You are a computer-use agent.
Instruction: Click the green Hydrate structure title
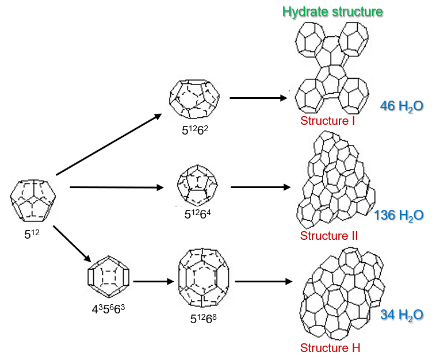point(332,12)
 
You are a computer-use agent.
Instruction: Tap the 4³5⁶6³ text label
point(108,308)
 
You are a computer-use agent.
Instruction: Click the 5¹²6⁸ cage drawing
point(204,277)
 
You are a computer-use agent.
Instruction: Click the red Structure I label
point(327,121)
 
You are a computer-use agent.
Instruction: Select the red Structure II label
point(329,236)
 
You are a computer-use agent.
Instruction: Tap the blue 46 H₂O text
point(401,106)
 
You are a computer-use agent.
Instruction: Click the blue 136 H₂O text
point(399,216)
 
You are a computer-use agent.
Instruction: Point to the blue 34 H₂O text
point(401,315)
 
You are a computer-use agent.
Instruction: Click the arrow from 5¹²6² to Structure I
point(258,98)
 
